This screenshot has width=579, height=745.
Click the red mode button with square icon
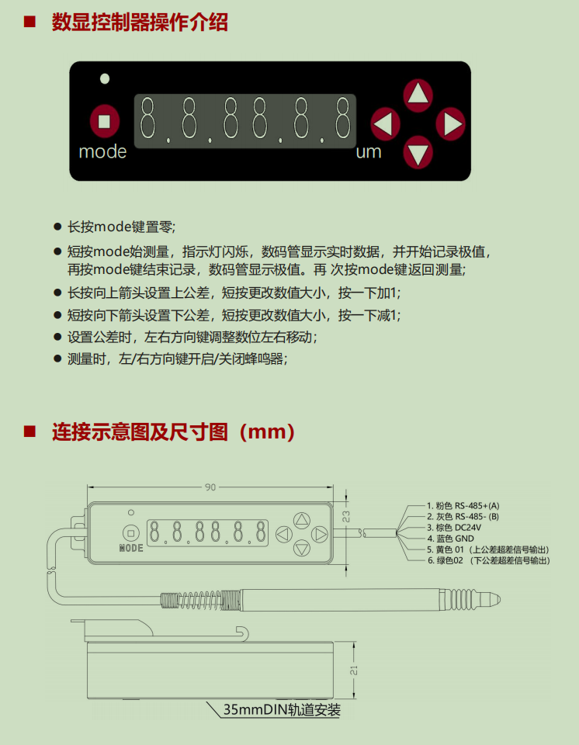(105, 121)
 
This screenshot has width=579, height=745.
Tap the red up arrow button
(418, 95)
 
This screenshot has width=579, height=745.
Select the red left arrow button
(385, 124)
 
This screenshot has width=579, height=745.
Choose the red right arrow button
(451, 124)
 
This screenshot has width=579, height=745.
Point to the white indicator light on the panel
(105, 79)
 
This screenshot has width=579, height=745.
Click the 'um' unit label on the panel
(369, 152)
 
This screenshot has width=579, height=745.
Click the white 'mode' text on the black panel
(102, 151)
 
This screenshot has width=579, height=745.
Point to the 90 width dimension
(210, 487)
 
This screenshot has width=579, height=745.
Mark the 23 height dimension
(346, 517)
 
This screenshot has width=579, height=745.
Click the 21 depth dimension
(354, 670)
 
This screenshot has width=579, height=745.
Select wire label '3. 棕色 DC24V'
(454, 528)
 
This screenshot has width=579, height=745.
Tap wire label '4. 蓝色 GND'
(451, 539)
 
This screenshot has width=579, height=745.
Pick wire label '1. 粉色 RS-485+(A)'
(463, 505)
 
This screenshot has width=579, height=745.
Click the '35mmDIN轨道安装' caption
(282, 710)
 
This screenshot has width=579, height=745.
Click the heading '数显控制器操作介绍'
(140, 23)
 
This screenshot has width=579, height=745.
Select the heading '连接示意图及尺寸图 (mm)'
(174, 432)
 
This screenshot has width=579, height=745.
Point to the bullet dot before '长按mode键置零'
(58, 227)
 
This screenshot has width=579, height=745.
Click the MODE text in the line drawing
(131, 548)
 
